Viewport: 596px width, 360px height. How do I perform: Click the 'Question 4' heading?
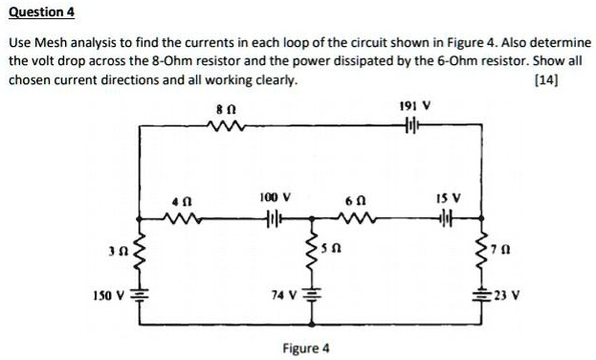tap(42, 12)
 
